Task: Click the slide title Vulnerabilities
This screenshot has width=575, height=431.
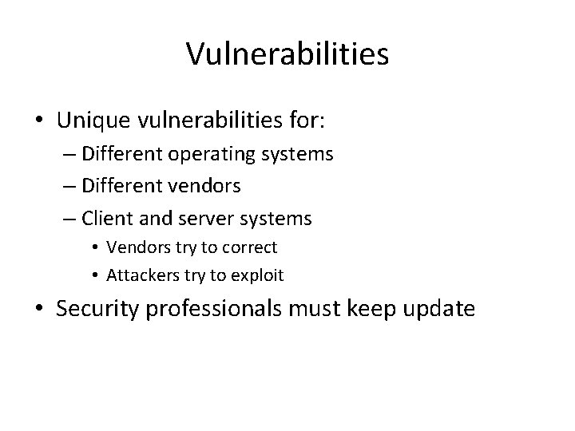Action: pyautogui.click(x=287, y=54)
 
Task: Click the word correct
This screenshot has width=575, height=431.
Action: pyautogui.click(x=249, y=247)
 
